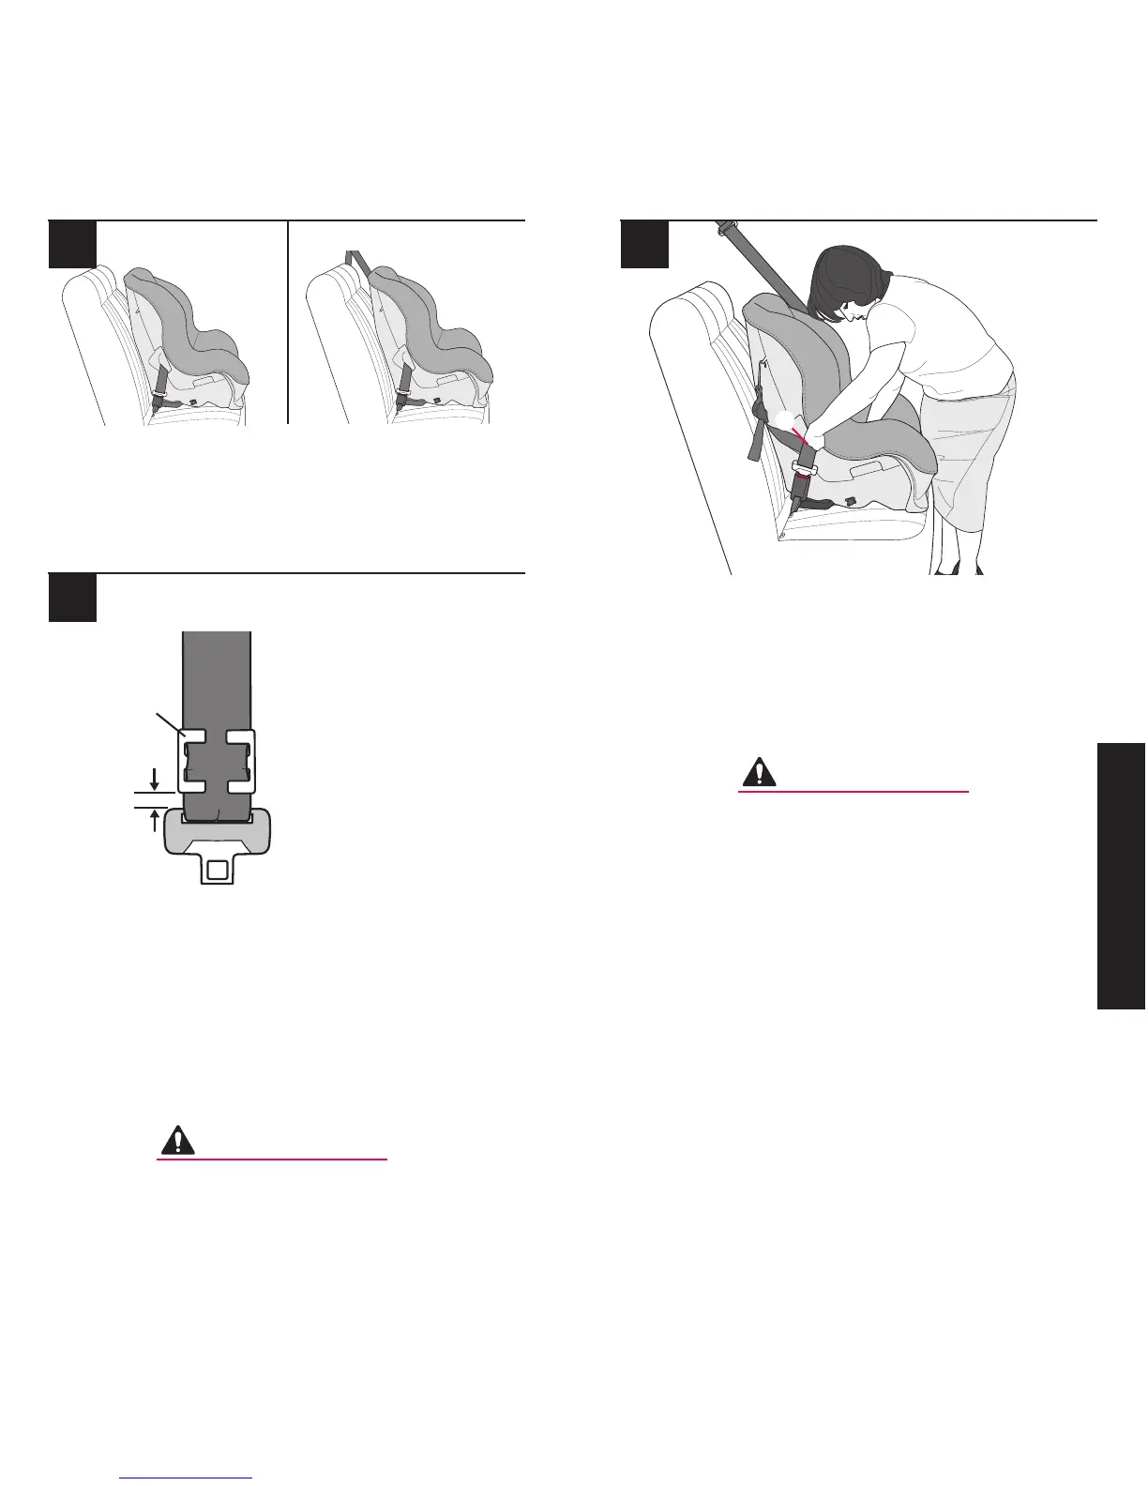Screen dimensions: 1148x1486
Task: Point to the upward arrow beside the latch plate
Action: point(154,820)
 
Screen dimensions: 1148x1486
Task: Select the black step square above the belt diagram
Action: point(72,598)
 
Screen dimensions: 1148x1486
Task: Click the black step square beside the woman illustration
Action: point(645,244)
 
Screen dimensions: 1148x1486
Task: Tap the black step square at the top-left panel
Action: point(72,244)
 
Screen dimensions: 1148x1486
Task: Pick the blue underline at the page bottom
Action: point(187,1478)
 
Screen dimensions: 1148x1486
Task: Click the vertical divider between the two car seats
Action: point(287,324)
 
